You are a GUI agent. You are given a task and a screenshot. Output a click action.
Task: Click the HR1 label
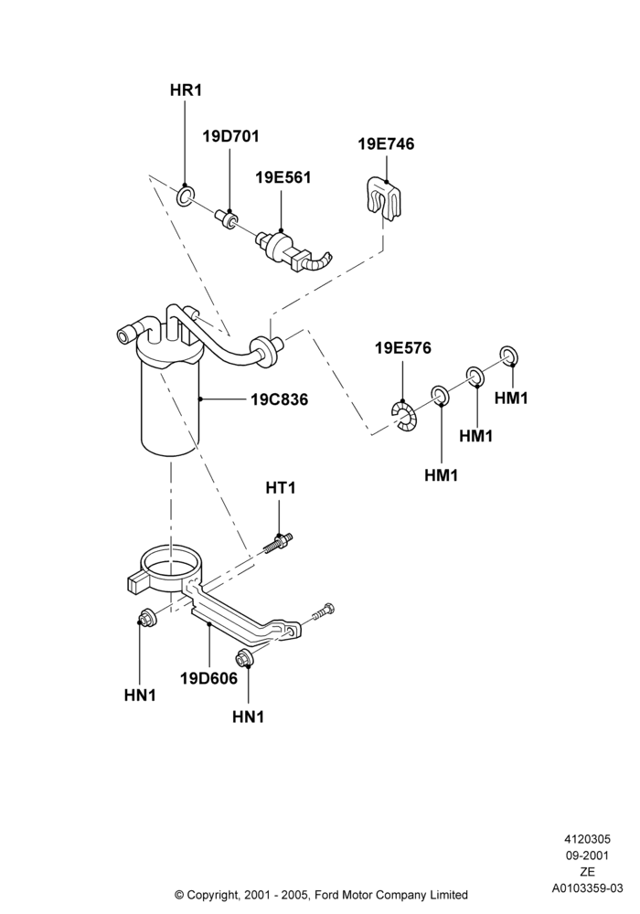pos(186,90)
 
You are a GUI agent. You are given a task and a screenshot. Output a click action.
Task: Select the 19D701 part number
pos(230,136)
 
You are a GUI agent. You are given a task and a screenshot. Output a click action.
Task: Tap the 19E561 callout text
pos(283,178)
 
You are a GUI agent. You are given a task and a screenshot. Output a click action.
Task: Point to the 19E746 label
pos(386,144)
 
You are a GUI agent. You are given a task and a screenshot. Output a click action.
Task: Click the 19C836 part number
pos(279,400)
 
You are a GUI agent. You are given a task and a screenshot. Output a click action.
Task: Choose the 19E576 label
pos(403,348)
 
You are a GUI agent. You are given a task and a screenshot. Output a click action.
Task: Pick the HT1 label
pos(281,488)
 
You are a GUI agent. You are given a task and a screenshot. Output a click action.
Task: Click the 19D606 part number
pos(208,678)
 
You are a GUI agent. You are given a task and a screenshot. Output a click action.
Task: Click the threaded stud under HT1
pos(279,543)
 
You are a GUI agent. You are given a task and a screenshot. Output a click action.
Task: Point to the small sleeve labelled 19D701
pos(226,218)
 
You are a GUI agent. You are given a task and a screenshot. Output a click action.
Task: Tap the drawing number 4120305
pos(588,839)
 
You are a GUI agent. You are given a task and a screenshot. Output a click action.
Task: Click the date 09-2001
pos(588,856)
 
